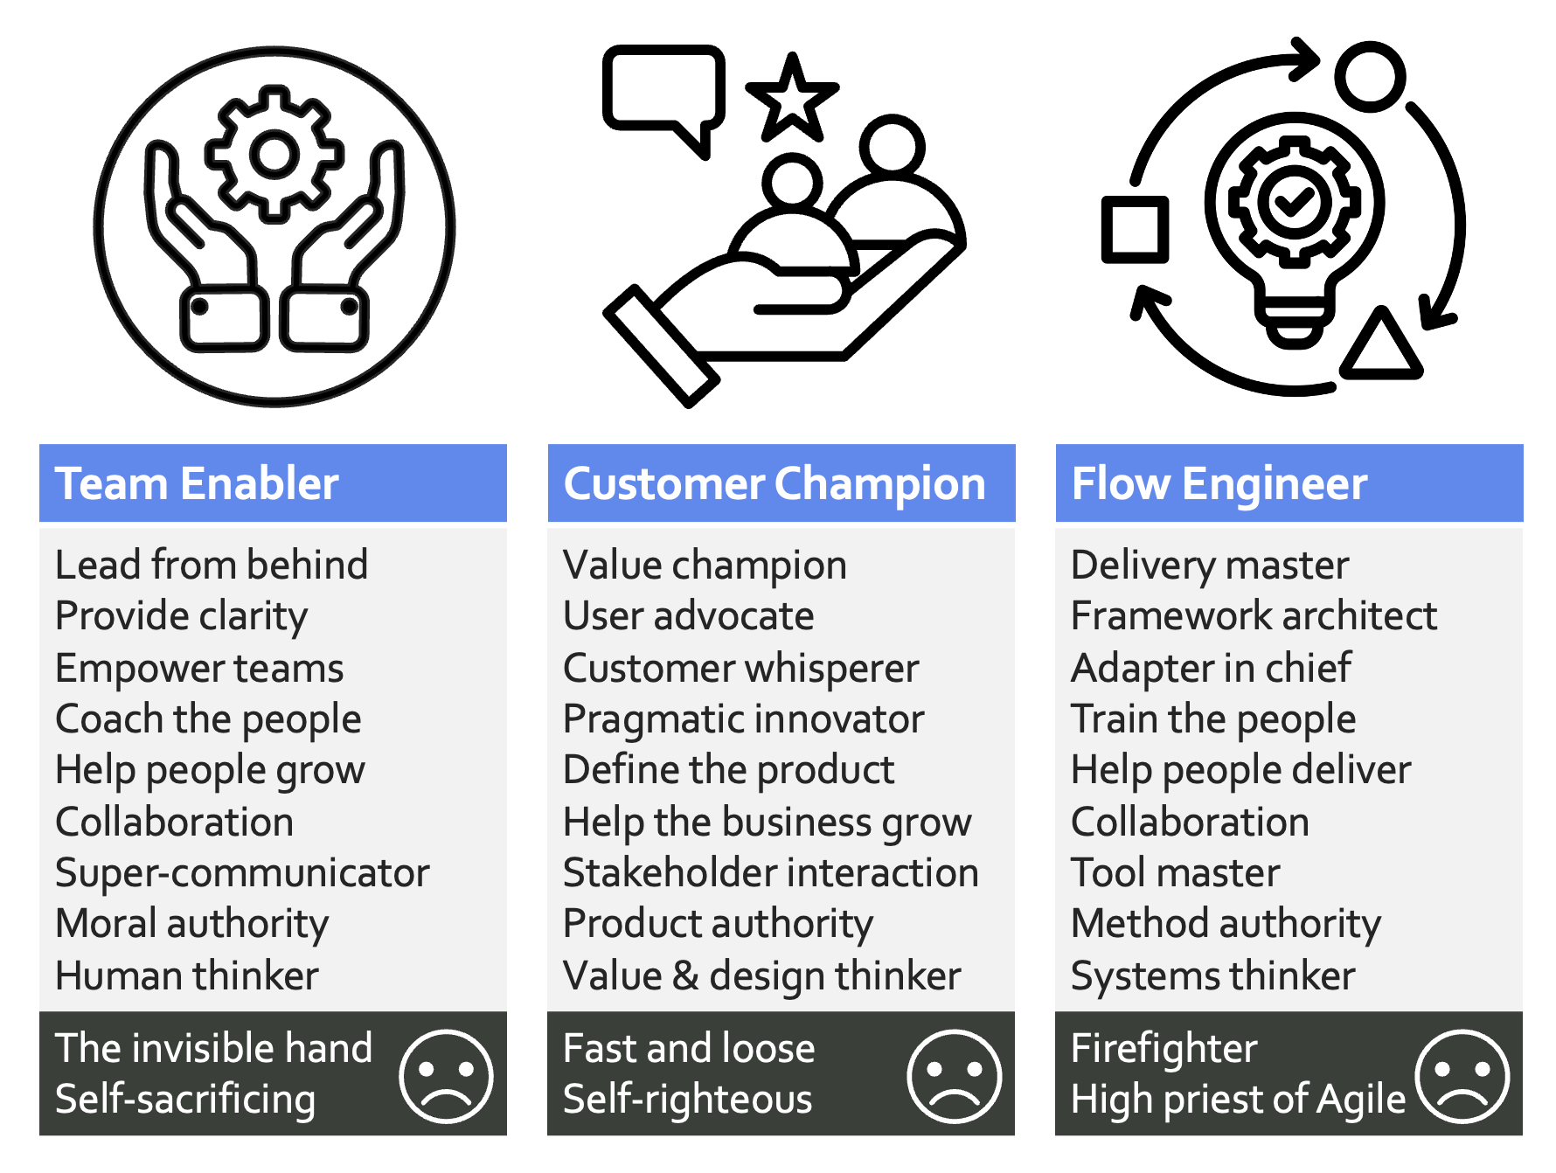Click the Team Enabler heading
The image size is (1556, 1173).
click(197, 483)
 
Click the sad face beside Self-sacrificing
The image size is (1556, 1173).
click(446, 1076)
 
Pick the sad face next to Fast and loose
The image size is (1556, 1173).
click(954, 1076)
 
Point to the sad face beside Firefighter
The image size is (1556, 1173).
click(1462, 1076)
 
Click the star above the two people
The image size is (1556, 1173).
click(792, 99)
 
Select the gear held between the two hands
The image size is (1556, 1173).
click(274, 154)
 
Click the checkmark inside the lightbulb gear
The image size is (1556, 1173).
click(1296, 202)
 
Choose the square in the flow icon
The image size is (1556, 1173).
click(1136, 230)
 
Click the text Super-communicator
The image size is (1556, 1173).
click(242, 873)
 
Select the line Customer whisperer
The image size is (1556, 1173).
click(741, 669)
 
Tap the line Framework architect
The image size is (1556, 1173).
click(1254, 616)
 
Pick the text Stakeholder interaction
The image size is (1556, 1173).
click(771, 873)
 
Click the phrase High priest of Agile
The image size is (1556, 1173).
click(1238, 1100)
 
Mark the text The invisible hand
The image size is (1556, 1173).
click(213, 1048)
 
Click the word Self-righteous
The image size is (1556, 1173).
click(688, 1100)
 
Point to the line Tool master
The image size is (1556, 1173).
click(1176, 873)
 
